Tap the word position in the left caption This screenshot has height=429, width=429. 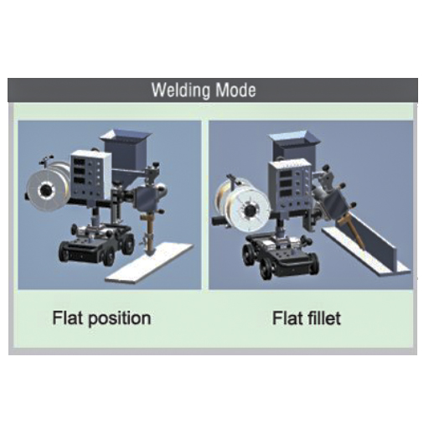[x=120, y=318]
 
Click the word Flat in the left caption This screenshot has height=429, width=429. [x=69, y=318]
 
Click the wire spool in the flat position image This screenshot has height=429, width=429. [x=48, y=189]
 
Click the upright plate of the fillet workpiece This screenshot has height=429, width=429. [x=374, y=240]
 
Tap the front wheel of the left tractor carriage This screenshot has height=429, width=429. [x=109, y=256]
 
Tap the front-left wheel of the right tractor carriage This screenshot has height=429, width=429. [x=265, y=271]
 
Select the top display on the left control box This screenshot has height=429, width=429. [x=80, y=161]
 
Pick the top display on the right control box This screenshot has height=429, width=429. [x=286, y=174]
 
